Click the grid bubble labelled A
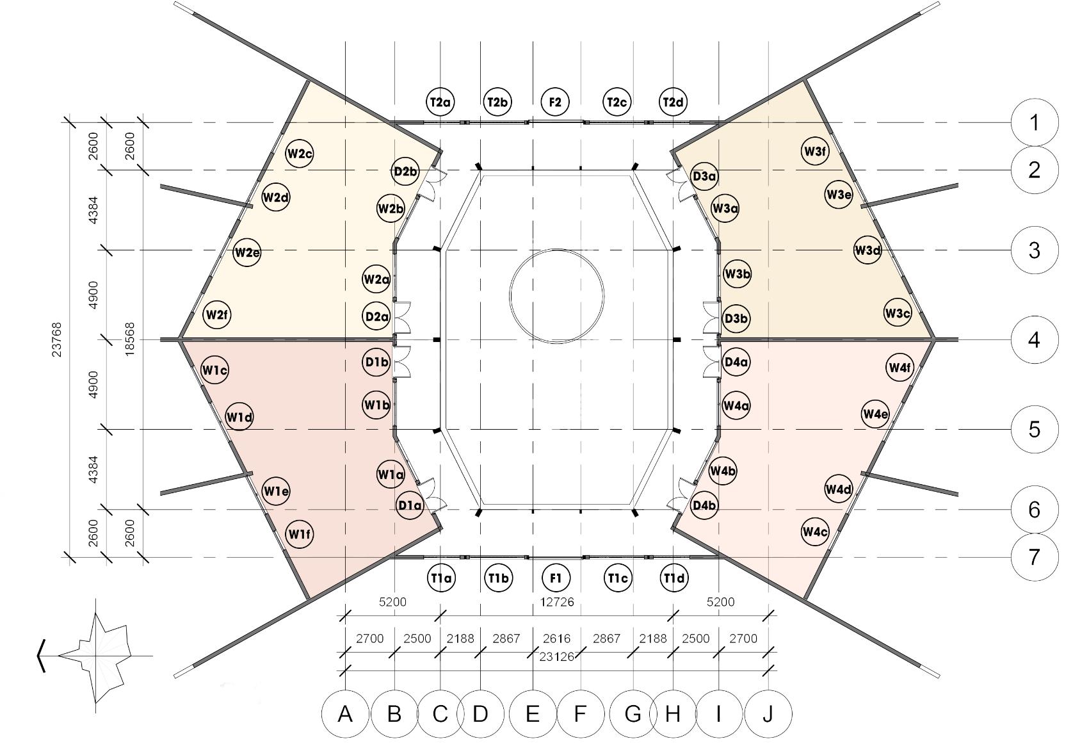pos(345,713)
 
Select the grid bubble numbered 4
pos(1035,339)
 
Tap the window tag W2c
pos(299,154)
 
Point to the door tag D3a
pos(704,176)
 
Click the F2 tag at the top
pos(555,102)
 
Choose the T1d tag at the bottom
pos(674,578)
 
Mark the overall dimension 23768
pos(57,339)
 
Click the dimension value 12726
pos(557,602)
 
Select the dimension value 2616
pos(556,638)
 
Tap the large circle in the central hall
pos(557,296)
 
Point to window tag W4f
pos(899,368)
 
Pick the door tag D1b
pos(376,362)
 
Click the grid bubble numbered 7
pos(1035,557)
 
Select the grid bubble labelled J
pos(768,713)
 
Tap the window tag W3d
pos(867,250)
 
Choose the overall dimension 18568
pos(130,339)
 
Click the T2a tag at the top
pos(440,102)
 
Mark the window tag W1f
pos(300,533)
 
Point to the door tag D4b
pos(704,506)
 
